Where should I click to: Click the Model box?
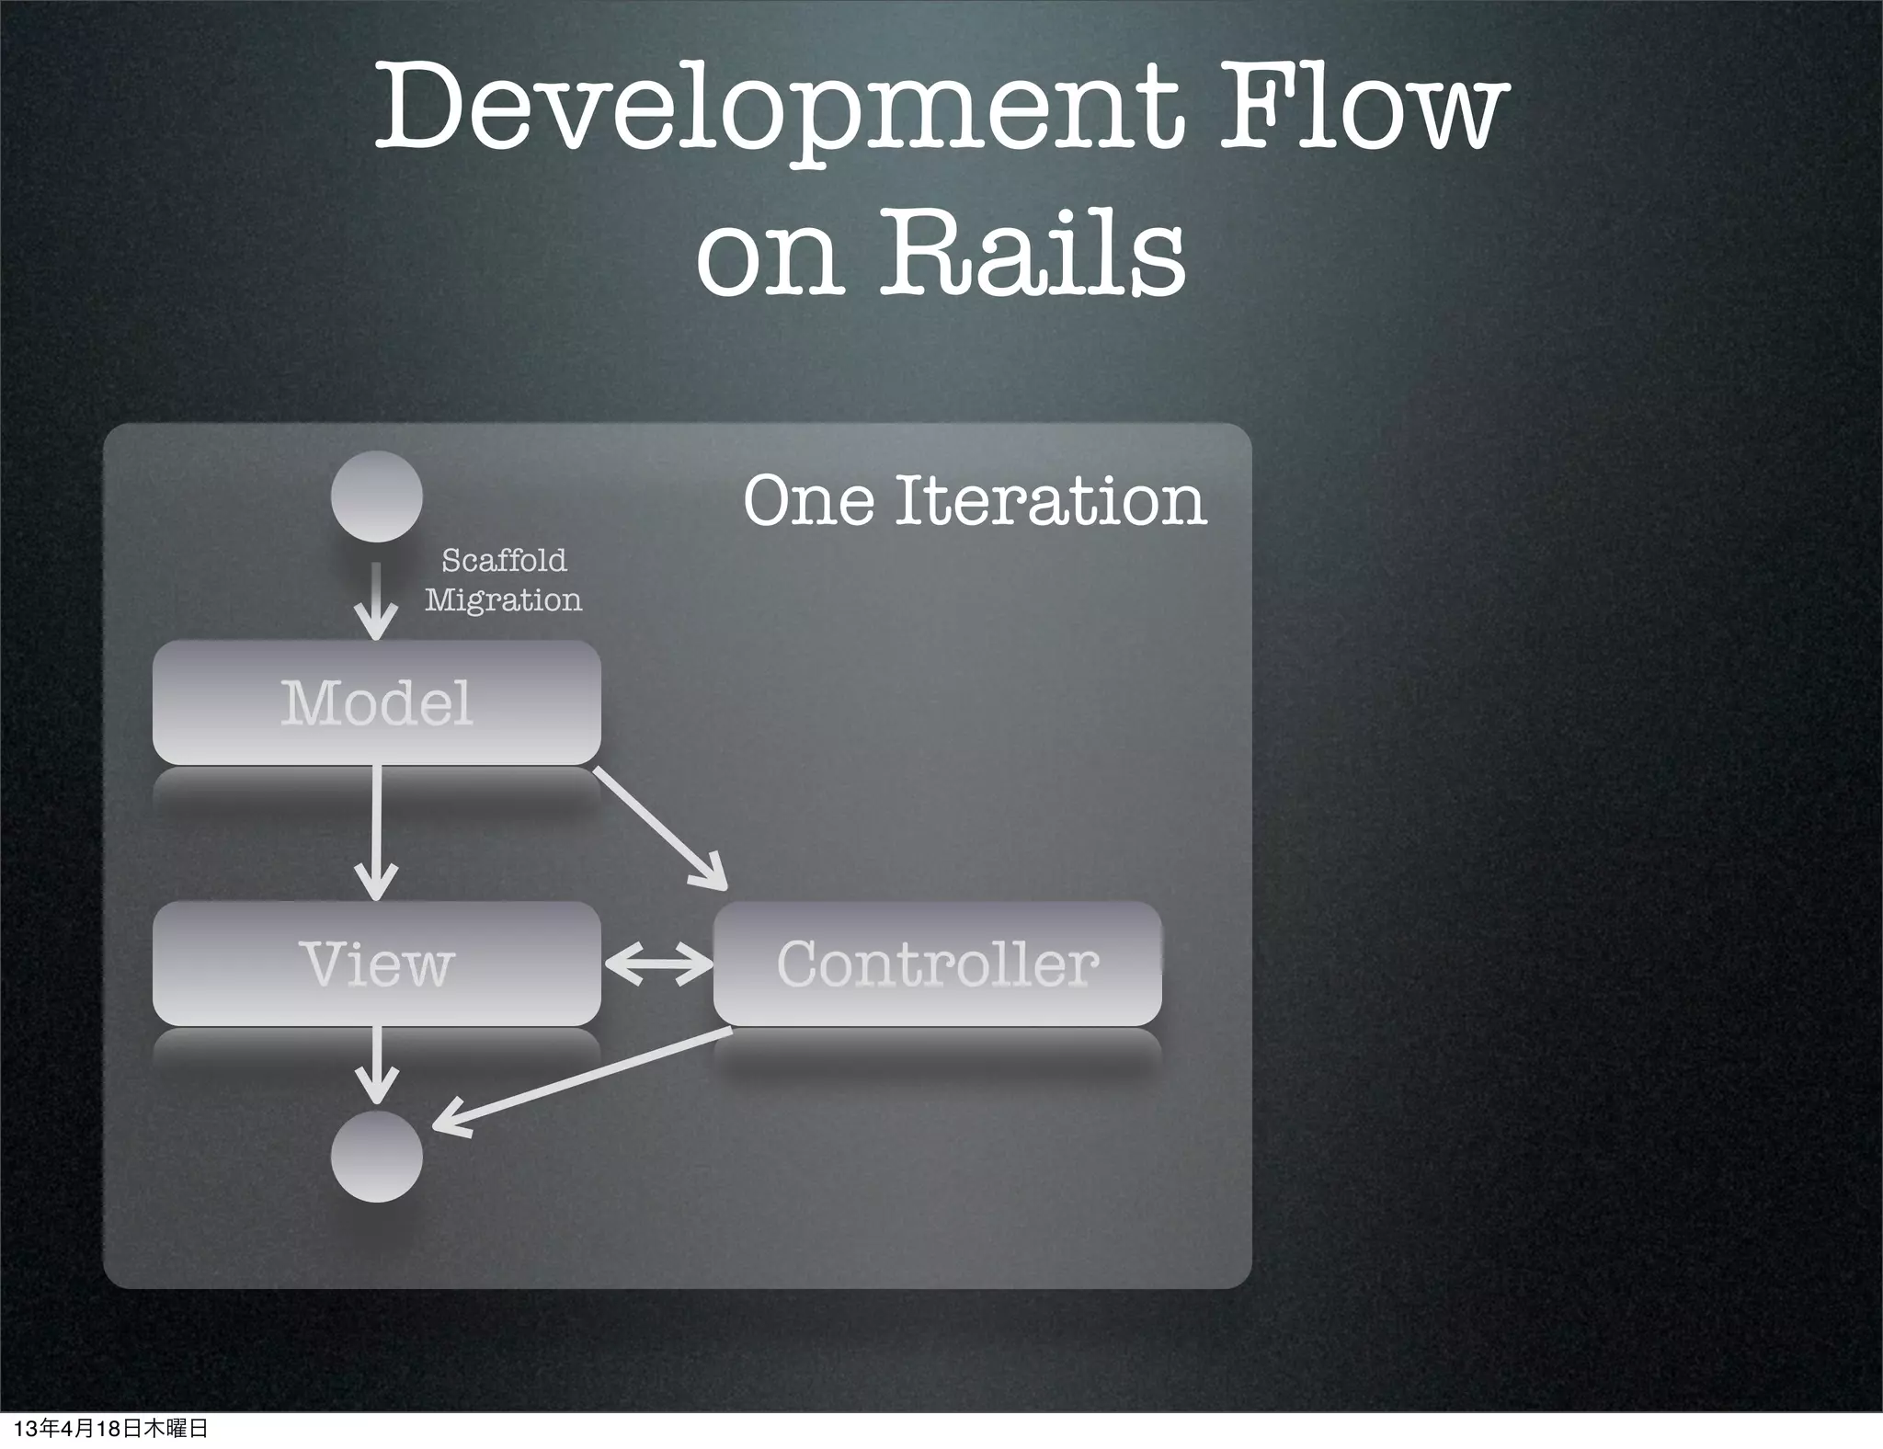coord(377,703)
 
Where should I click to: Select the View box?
coord(377,964)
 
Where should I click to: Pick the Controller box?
coord(937,964)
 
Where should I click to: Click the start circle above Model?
coord(377,496)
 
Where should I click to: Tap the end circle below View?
coord(377,1157)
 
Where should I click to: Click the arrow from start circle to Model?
coord(376,602)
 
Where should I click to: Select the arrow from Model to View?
coord(376,832)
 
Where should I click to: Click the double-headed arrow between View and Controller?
coord(658,964)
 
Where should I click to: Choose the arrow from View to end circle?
coord(376,1065)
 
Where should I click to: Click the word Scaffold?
coord(504,560)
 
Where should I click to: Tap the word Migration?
coord(503,600)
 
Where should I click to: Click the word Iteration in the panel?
coord(1050,501)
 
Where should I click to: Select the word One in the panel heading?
coord(808,501)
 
